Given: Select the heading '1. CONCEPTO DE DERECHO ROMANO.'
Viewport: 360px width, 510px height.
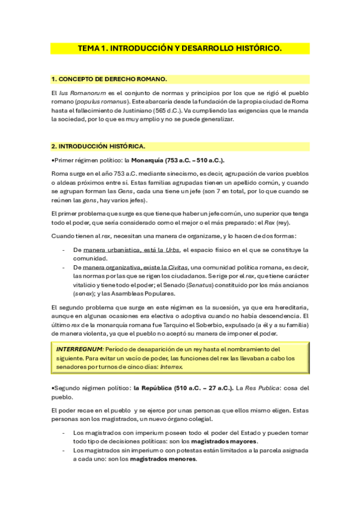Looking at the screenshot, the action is pyautogui.click(x=109, y=79).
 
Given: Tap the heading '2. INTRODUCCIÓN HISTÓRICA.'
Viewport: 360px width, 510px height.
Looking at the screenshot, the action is pyautogui.click(x=98, y=146).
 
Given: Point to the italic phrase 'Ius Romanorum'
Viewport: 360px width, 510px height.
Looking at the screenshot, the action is pyautogui.click(x=79, y=93).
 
